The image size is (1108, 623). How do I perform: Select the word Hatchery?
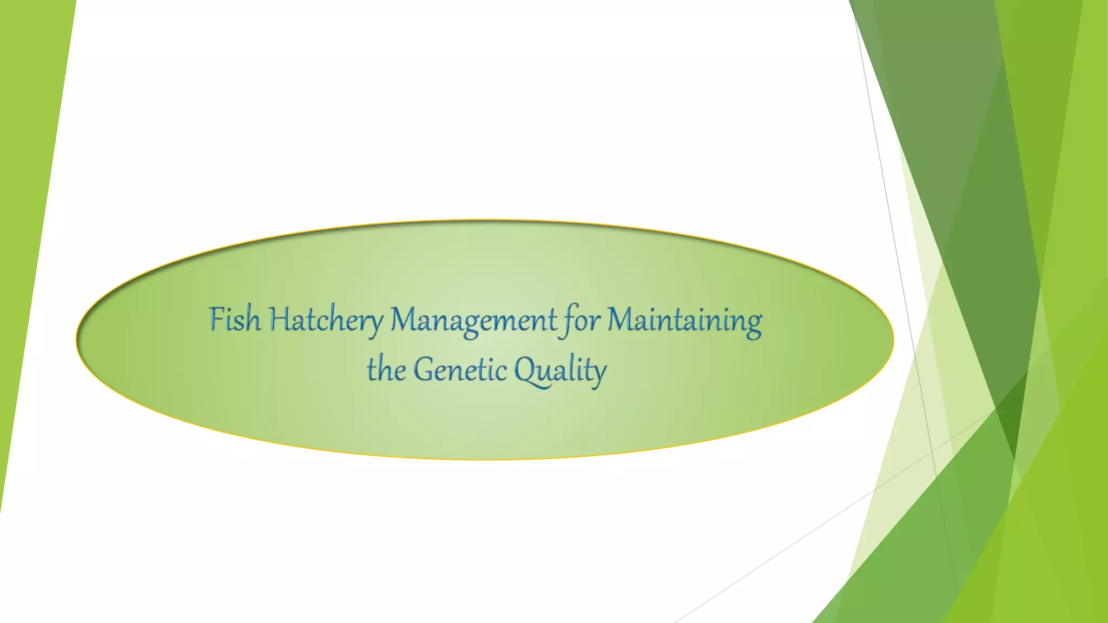coord(326,320)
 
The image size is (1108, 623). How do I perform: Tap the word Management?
coord(473,320)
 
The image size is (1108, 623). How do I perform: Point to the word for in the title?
coord(582,320)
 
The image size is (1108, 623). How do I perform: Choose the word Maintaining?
coord(684,320)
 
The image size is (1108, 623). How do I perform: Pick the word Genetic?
coord(460,370)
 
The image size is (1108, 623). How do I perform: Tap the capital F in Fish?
coord(216,319)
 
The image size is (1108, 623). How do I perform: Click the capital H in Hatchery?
coord(280,319)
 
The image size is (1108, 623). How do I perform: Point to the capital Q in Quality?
coord(525,371)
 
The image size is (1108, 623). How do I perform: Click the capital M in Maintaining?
coord(618,319)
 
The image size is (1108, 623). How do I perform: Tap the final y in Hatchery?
coord(375,324)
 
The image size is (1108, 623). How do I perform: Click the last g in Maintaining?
coord(753,324)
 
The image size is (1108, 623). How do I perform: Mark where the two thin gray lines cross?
coord(932,450)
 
